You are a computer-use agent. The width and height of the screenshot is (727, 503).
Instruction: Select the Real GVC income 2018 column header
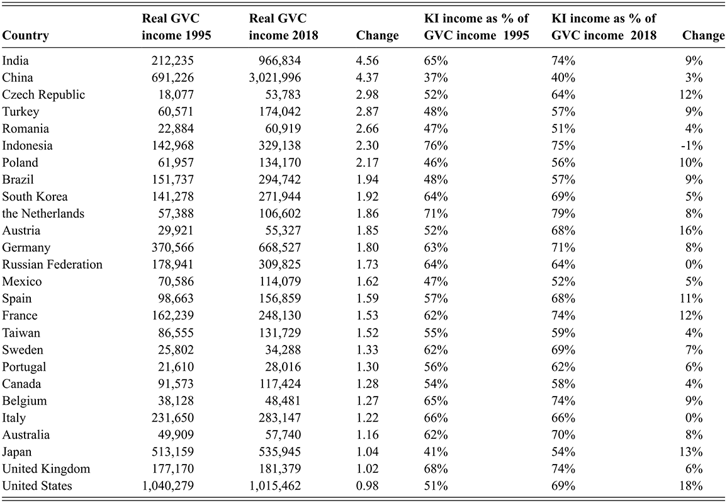click(283, 28)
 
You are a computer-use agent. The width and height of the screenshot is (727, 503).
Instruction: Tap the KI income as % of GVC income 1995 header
click(476, 28)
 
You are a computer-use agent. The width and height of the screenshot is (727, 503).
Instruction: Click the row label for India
click(16, 61)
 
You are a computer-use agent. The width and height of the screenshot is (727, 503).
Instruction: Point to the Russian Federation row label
click(52, 265)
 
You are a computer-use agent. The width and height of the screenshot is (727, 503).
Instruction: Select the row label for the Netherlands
click(43, 214)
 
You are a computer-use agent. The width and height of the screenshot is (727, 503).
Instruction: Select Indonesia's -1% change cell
click(694, 146)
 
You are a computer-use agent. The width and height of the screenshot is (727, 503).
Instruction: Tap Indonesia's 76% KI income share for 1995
click(436, 146)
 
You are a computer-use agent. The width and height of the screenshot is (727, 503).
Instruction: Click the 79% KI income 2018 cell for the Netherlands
click(563, 214)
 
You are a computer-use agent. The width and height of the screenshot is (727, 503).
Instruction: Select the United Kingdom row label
click(47, 469)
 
